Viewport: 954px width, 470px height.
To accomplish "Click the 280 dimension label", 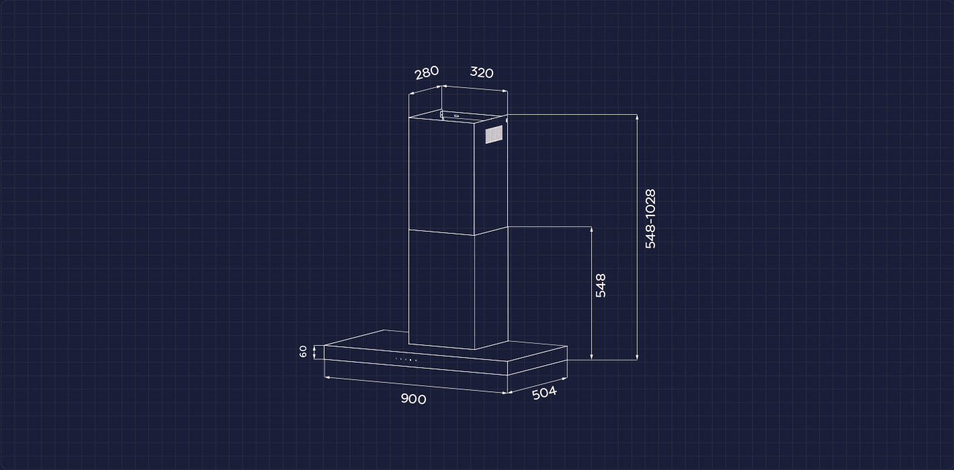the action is pos(427,73).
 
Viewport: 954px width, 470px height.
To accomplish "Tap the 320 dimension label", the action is pos(482,73).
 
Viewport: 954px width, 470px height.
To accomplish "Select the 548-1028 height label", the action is pos(650,219).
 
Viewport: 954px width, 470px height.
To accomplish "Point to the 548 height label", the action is pos(601,285).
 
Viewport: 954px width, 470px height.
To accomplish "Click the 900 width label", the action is pos(413,399).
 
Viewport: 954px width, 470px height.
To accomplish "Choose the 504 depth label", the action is pos(544,393).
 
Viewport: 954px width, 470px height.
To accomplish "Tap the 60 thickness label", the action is pos(303,352).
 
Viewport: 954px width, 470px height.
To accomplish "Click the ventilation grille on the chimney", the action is pos(494,134).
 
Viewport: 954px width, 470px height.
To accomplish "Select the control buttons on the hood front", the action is pos(406,360).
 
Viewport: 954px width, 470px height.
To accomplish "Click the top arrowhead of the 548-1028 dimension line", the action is pos(637,117).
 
